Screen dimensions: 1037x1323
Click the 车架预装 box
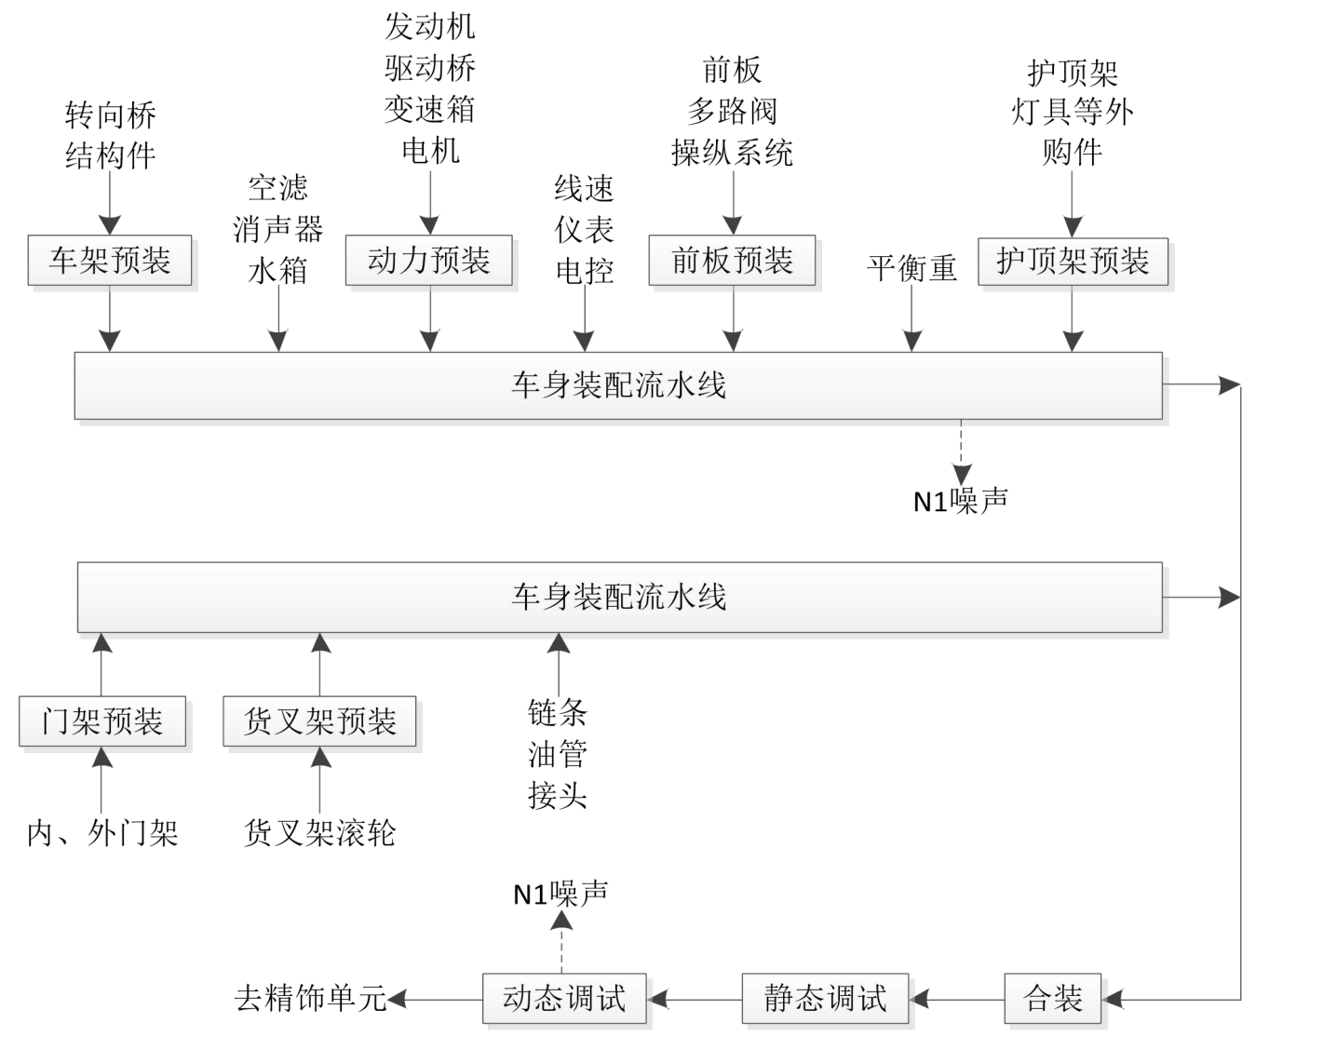(110, 260)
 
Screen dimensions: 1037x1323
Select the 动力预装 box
(428, 260)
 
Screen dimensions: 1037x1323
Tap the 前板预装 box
(732, 260)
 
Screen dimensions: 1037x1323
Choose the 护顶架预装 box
(1073, 260)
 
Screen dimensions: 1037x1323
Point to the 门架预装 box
(102, 721)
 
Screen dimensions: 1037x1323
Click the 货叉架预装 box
(319, 721)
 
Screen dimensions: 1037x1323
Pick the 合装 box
(1053, 999)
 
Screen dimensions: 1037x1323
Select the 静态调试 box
(825, 999)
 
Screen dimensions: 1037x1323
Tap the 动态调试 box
(564, 999)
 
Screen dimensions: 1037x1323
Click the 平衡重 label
(911, 268)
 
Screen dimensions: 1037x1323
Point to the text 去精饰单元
(310, 999)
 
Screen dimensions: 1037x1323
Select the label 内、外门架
(102, 833)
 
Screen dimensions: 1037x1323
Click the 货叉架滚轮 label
(319, 833)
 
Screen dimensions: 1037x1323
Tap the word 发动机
(429, 26)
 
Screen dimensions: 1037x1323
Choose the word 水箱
(277, 271)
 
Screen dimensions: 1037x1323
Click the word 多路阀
(732, 112)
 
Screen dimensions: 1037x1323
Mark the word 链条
(558, 713)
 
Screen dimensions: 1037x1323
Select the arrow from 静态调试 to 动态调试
(695, 1000)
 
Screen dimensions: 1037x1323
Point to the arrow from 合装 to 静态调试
(956, 1000)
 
